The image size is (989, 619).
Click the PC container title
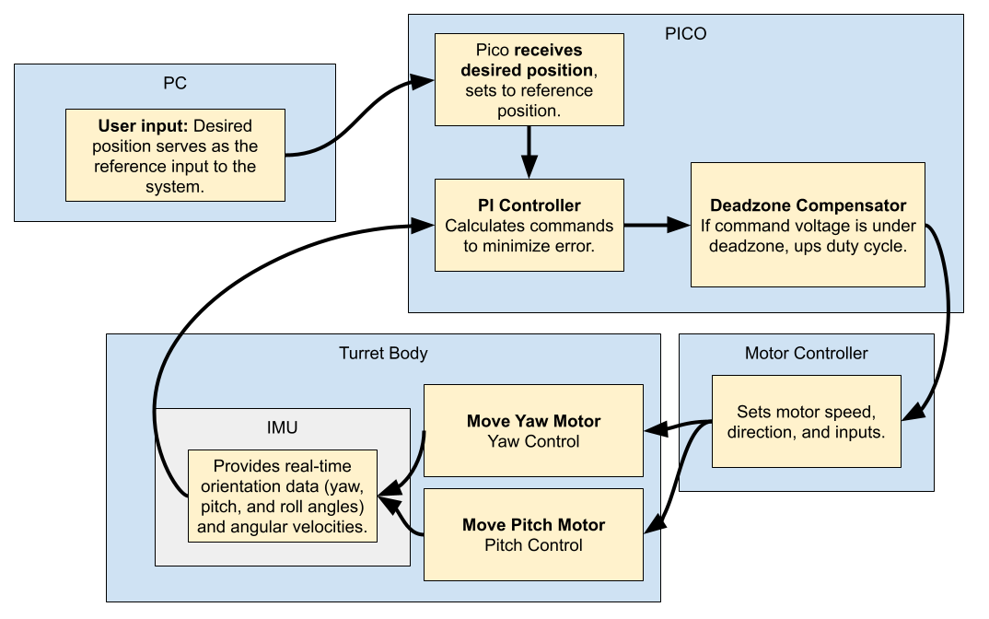(174, 83)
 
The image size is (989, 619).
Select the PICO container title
(685, 34)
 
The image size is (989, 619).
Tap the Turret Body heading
(383, 353)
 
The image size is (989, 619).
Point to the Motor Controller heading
(806, 353)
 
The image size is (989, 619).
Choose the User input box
(175, 155)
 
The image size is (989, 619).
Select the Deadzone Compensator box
(808, 225)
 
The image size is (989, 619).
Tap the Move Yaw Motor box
(533, 431)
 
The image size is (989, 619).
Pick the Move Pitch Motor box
(533, 534)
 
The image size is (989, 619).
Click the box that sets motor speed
(807, 422)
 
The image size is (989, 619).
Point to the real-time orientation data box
(281, 496)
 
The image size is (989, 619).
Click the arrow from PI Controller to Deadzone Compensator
(656, 225)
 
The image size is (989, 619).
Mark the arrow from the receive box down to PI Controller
(529, 153)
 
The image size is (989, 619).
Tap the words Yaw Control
(533, 441)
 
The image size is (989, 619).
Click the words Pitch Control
(533, 545)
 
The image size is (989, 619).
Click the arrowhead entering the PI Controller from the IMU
(424, 225)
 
